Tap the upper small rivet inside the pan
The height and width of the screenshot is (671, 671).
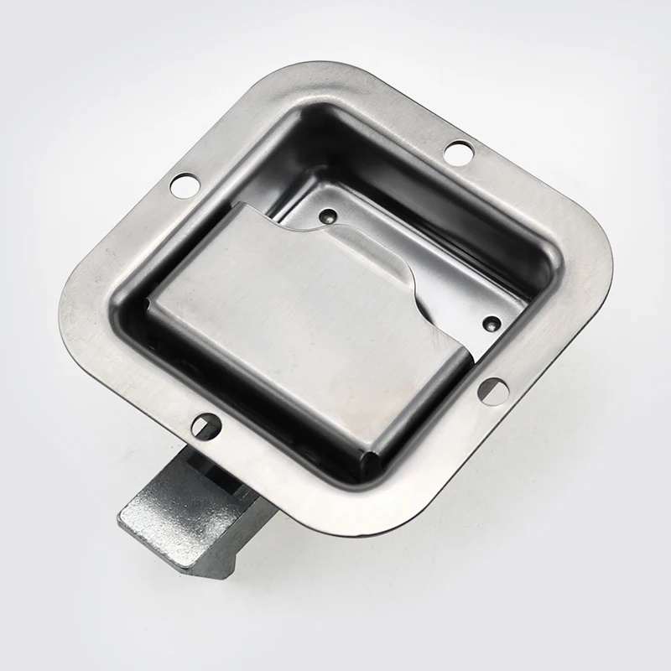327,215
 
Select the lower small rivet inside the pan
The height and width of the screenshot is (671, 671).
492,322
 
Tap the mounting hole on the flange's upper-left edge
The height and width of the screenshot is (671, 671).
183,183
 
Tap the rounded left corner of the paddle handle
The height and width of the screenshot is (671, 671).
151,302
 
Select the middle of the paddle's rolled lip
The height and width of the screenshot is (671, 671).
419,394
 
